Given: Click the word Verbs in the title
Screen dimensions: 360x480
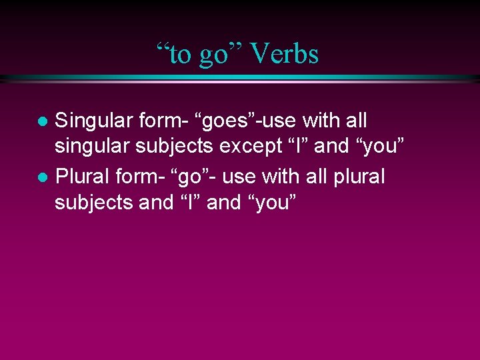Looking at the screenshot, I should tap(285, 54).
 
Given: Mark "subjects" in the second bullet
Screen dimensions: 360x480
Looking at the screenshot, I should tap(94, 203).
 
